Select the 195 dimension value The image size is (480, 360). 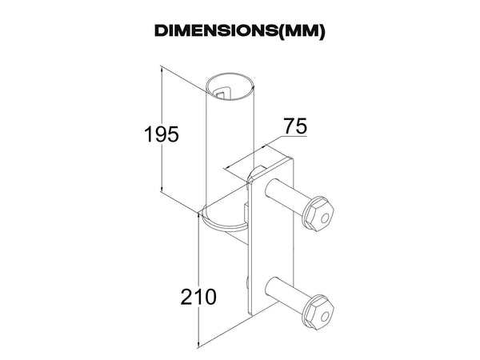point(162,134)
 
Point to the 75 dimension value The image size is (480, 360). point(295,126)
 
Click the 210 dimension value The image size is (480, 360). point(198,296)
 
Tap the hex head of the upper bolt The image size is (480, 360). point(318,214)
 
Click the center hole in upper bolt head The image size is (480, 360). point(325,218)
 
